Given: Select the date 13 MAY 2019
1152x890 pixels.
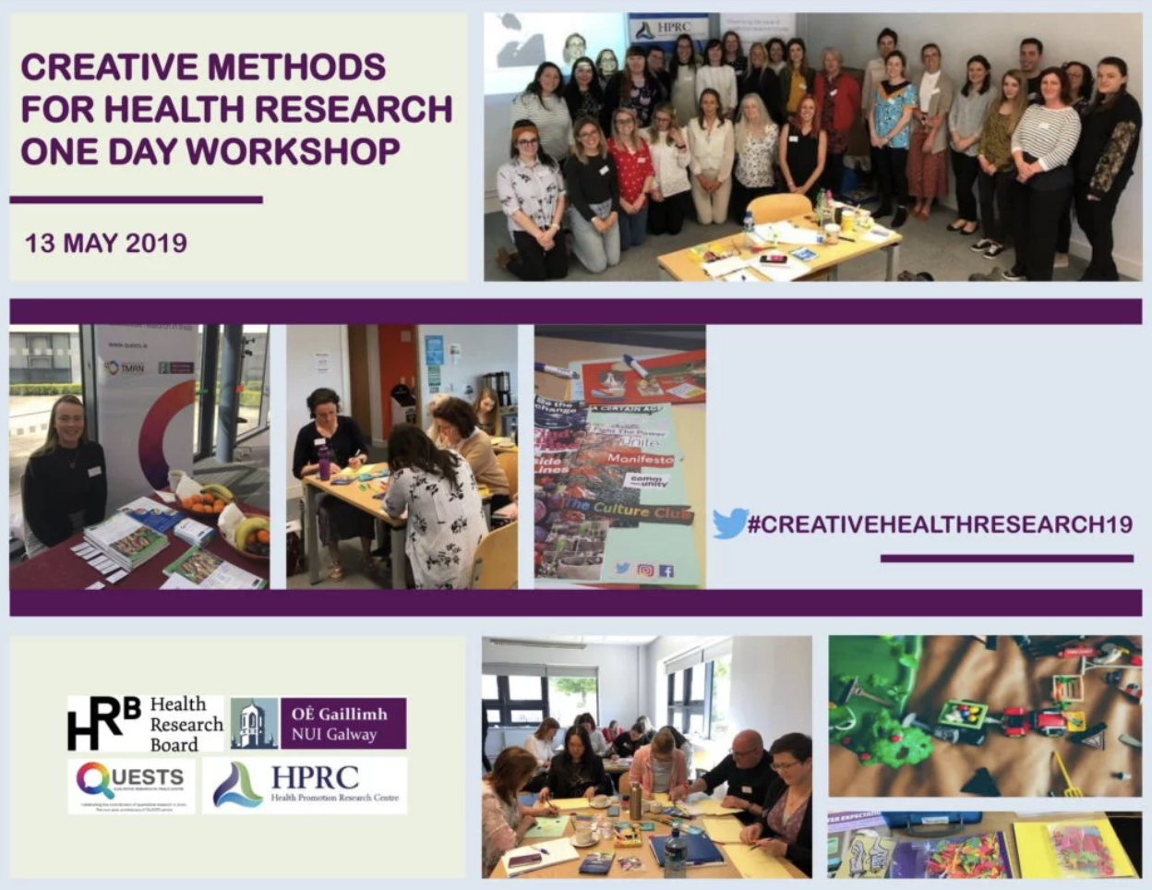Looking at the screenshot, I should point(105,243).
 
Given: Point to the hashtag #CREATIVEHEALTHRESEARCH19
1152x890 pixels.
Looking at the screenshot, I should point(940,524).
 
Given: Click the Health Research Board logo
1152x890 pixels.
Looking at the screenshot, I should point(145,725).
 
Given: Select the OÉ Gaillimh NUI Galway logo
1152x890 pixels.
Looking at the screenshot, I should point(318,724).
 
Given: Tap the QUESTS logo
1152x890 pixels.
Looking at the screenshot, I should point(131,785).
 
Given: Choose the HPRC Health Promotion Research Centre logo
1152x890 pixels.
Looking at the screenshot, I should point(305,786).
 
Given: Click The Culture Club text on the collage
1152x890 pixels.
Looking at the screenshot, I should point(628,510).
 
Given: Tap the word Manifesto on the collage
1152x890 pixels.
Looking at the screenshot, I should point(640,458).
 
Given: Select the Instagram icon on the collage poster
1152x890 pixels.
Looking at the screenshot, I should point(645,571).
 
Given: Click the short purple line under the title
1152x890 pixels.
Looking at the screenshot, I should point(136,199).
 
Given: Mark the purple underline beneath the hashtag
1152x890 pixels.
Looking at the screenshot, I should point(1006,559).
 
